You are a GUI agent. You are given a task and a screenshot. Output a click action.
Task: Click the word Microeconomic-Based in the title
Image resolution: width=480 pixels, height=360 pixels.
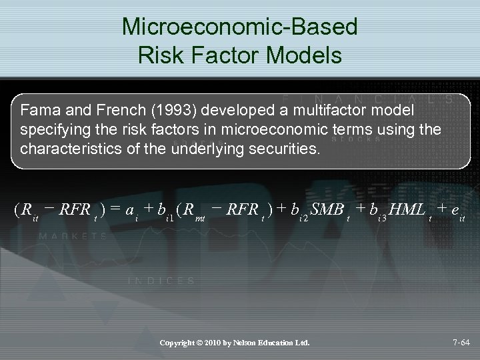coord(240,27)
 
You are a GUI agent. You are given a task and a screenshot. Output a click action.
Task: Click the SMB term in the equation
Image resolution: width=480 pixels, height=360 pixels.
coord(327,209)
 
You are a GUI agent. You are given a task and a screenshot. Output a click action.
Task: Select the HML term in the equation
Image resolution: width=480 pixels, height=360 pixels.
coord(407,209)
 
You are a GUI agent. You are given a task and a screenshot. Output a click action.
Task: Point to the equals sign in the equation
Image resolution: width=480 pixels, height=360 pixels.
coord(115,209)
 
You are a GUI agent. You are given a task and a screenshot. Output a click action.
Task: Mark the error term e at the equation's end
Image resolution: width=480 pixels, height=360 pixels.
coord(455,210)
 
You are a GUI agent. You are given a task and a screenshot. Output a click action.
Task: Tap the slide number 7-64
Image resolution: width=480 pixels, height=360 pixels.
coord(461,343)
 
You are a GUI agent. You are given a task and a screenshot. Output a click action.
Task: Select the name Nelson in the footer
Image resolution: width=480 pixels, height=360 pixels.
coord(247,343)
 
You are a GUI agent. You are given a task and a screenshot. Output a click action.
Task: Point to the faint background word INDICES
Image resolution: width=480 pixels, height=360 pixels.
coord(162,281)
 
